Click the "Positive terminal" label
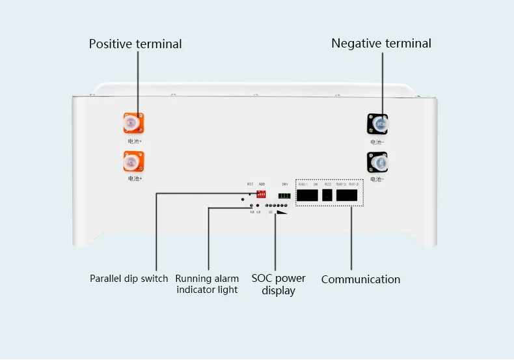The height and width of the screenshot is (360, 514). point(135,44)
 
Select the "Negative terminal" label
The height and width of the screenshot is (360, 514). point(381,44)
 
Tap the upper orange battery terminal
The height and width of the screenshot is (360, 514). point(133,122)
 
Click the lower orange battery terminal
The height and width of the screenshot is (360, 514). point(133,161)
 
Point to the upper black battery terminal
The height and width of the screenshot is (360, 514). point(378,122)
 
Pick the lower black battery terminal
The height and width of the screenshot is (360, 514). point(377,161)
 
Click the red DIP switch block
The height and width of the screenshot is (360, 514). point(262,194)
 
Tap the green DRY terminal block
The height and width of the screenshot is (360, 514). point(284,196)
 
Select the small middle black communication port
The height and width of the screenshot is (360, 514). point(327,195)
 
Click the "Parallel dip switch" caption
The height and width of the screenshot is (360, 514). point(129,279)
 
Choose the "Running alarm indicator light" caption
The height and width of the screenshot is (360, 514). point(208,284)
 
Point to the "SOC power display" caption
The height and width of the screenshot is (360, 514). point(278,284)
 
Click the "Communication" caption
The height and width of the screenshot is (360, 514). point(360,279)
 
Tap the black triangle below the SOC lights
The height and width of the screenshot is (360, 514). point(282,212)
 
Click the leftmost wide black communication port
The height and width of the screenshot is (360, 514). point(307,195)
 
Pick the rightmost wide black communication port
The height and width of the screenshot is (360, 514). point(347,195)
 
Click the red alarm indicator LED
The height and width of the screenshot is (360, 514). point(258,206)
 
